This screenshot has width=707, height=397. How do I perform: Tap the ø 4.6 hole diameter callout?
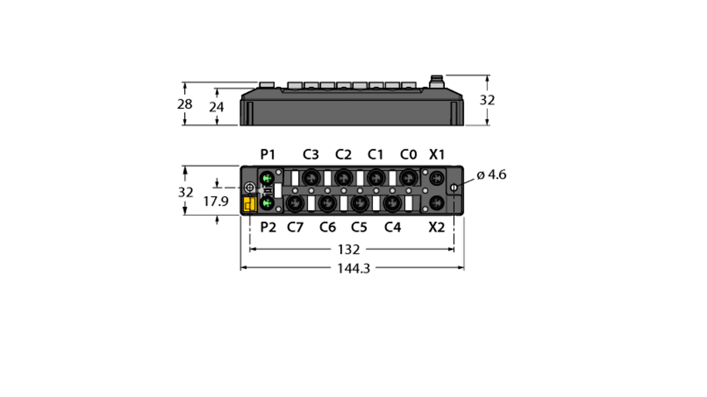pos(491,175)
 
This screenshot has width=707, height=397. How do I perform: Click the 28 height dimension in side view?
pos(185,104)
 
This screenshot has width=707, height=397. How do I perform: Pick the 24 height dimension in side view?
pos(216,106)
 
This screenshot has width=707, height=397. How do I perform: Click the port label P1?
pos(268,155)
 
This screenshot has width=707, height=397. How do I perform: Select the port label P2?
pos(268,227)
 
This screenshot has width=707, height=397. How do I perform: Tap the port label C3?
pos(311,155)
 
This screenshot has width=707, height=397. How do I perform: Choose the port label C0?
pos(408,155)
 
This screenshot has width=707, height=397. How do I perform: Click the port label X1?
pos(437,155)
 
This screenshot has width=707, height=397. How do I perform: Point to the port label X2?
pos(437,227)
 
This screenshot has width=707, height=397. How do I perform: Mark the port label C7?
pos(295,227)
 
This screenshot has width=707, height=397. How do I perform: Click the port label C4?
pos(392,227)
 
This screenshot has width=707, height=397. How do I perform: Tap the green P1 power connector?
pos(268,178)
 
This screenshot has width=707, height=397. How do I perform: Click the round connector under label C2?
pos(343,177)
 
